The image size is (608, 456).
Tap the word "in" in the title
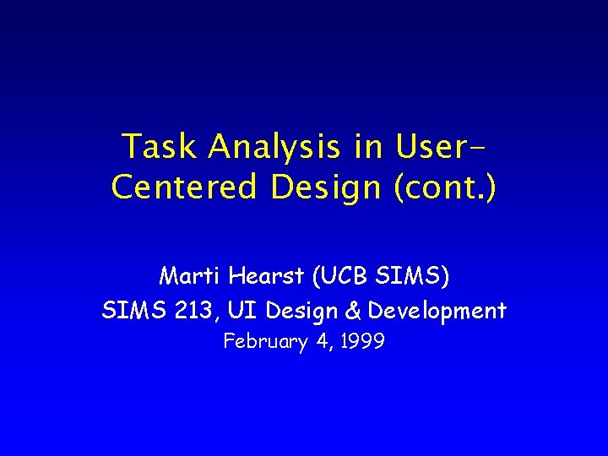369,147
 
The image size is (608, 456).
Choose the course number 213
193,311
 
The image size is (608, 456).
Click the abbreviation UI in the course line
246,311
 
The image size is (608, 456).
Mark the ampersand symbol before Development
353,311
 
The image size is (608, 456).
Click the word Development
437,312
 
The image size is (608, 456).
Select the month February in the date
265,342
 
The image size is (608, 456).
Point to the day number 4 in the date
321,342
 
